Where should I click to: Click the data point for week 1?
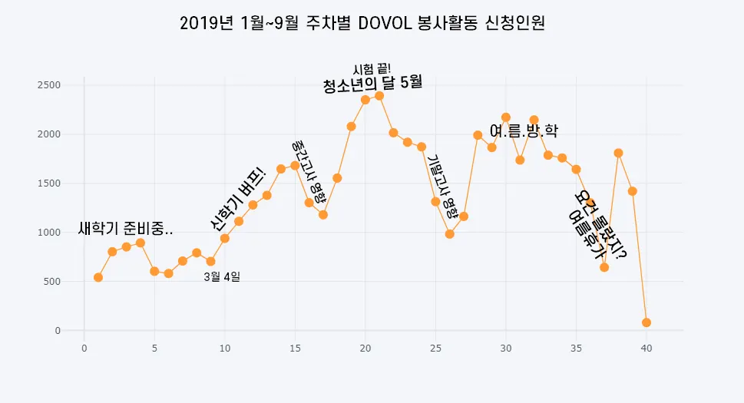click(98, 277)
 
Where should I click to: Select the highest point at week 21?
click(379, 96)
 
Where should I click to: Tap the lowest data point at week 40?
click(646, 322)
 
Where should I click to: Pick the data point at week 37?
click(604, 267)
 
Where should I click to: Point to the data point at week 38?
click(618, 153)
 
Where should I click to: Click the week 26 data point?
click(450, 234)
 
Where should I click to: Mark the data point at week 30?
click(506, 117)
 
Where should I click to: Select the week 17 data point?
click(323, 215)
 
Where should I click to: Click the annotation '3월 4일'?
click(222, 276)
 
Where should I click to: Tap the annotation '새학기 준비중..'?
click(126, 229)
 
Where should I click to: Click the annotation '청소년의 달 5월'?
click(373, 84)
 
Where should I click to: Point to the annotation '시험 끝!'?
click(372, 69)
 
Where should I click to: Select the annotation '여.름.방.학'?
click(524, 131)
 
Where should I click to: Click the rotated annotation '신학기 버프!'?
click(238, 197)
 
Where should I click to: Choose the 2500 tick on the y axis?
click(51, 85)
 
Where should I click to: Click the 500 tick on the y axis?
click(54, 282)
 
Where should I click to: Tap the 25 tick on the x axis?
click(435, 348)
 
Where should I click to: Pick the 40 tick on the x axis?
click(646, 348)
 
